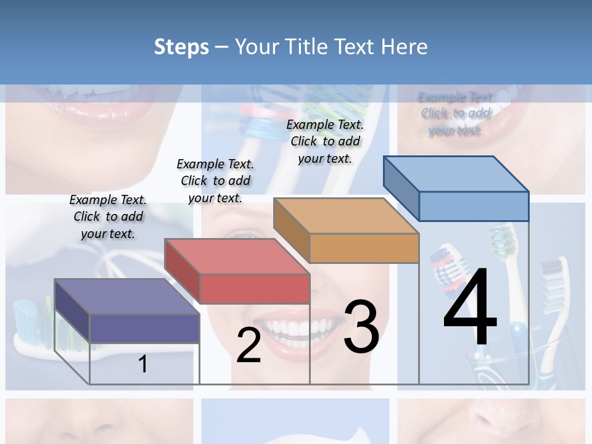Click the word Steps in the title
(181, 47)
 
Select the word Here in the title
(405, 47)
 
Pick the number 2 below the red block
(249, 345)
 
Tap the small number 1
(142, 364)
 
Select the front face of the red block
(255, 289)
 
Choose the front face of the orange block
(364, 248)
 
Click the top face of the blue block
(456, 173)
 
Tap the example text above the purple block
(108, 216)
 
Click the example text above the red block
(215, 181)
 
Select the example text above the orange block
(325, 141)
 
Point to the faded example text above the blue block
(456, 113)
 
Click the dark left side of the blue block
(401, 188)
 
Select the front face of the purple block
(144, 329)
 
